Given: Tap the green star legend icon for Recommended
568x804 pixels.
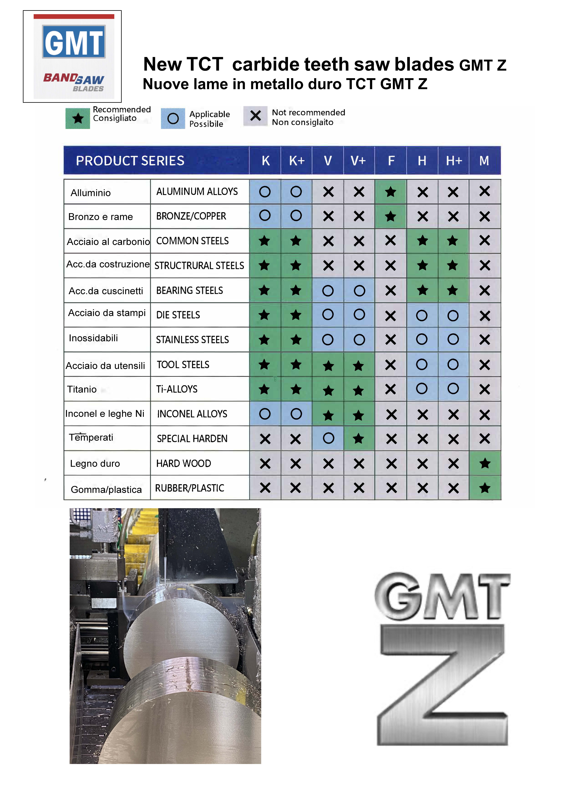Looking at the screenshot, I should click(x=78, y=118).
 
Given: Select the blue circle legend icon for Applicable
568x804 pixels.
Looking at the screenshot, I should click(x=173, y=118).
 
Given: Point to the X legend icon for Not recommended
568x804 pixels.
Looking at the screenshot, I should click(x=255, y=116).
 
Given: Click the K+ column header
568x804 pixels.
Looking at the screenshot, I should click(x=296, y=161).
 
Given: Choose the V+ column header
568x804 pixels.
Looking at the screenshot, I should click(x=358, y=161).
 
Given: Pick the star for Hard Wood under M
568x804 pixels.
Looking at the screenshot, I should click(x=485, y=464).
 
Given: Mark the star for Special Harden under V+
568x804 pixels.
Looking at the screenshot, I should click(x=358, y=439).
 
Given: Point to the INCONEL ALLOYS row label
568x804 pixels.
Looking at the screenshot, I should click(x=192, y=414).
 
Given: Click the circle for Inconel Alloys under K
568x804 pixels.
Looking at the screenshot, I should click(x=265, y=414).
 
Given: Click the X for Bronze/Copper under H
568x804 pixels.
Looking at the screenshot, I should click(x=422, y=216).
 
